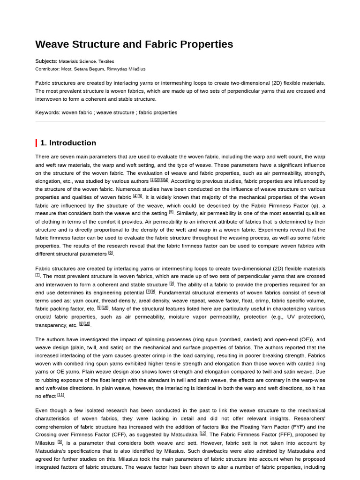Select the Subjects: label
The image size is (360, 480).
point(46,61)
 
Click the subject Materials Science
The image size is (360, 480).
point(77,61)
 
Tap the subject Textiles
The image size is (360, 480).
point(106,61)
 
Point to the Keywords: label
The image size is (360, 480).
point(47,112)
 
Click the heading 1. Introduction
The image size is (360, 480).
point(68,143)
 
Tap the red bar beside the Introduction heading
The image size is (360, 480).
point(36,143)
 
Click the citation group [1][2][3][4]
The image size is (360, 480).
point(159,180)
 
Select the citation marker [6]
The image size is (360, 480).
point(111,253)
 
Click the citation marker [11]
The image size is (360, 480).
point(60,395)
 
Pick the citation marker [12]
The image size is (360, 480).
point(202,433)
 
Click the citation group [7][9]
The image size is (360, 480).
point(150,291)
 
